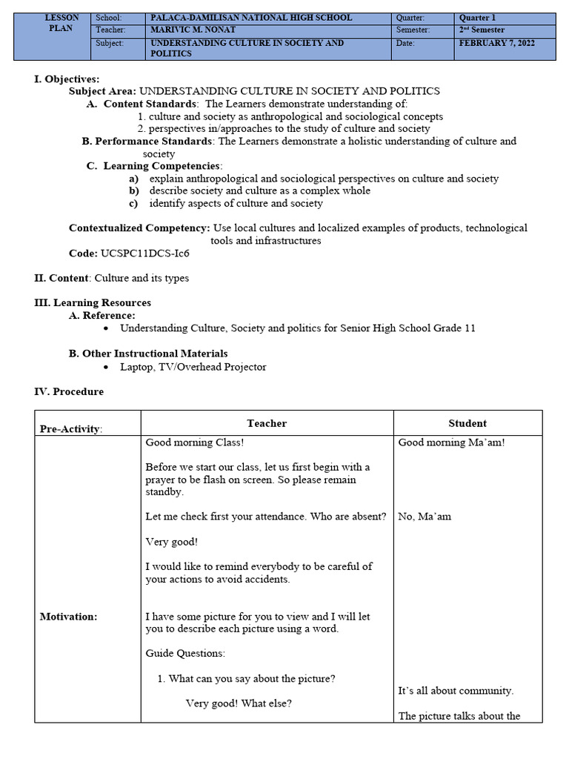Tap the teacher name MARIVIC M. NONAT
tap(194, 30)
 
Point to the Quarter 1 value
tap(477, 18)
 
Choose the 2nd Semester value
tap(482, 30)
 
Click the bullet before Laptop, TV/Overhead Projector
tap(107, 367)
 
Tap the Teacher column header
tap(267, 423)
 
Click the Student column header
tap(467, 423)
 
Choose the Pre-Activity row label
tap(71, 429)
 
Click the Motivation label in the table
tap(68, 617)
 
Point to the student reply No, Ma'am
tap(425, 517)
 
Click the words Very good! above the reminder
tap(171, 542)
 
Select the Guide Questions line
tap(185, 654)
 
